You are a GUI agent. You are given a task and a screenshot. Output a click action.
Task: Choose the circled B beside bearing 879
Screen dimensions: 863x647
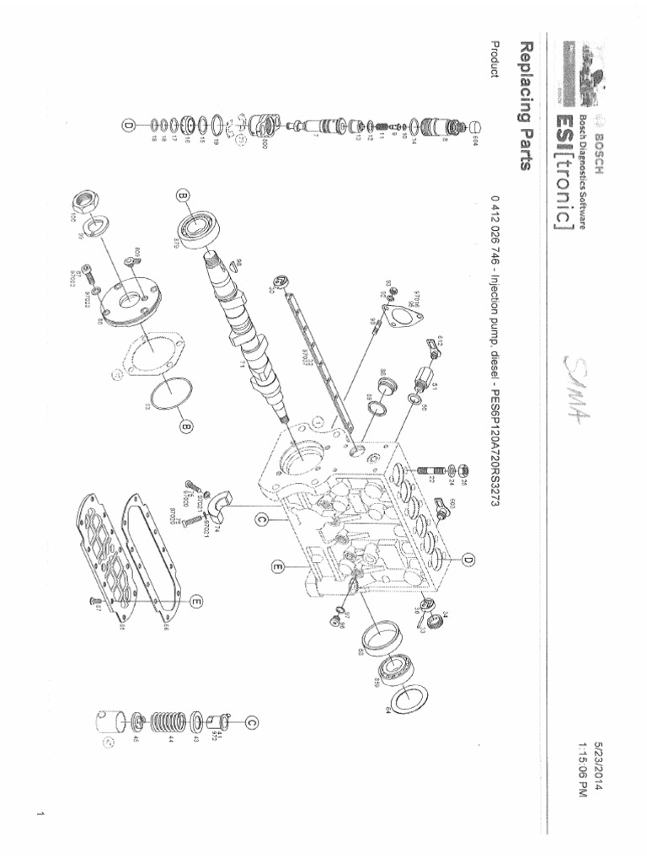(184, 197)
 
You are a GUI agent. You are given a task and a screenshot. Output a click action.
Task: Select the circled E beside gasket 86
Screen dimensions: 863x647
(195, 601)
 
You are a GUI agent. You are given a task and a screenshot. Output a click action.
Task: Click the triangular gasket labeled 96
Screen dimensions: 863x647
(407, 318)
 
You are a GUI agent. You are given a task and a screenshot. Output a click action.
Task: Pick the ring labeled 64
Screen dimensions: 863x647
(412, 698)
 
